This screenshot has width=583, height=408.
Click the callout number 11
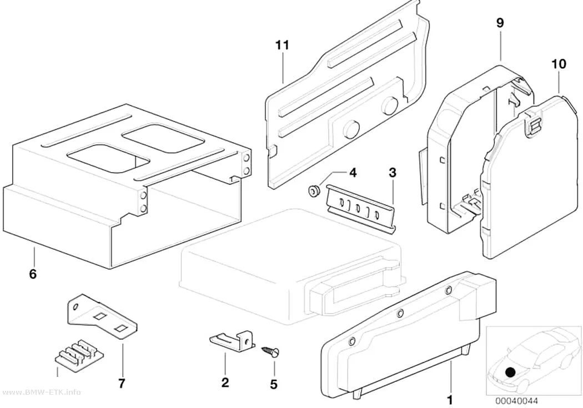[282, 46]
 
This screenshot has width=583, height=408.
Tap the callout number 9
[500, 23]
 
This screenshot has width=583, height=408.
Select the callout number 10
[559, 64]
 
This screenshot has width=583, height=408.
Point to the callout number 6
[33, 274]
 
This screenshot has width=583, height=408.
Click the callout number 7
[122, 383]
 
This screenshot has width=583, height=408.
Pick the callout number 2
[225, 382]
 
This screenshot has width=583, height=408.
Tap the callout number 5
[274, 384]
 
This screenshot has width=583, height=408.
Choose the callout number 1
[450, 400]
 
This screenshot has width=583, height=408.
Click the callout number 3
[392, 173]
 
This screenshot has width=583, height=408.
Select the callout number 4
[353, 173]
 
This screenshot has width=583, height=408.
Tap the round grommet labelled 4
[314, 190]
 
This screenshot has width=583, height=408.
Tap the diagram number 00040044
[516, 401]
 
